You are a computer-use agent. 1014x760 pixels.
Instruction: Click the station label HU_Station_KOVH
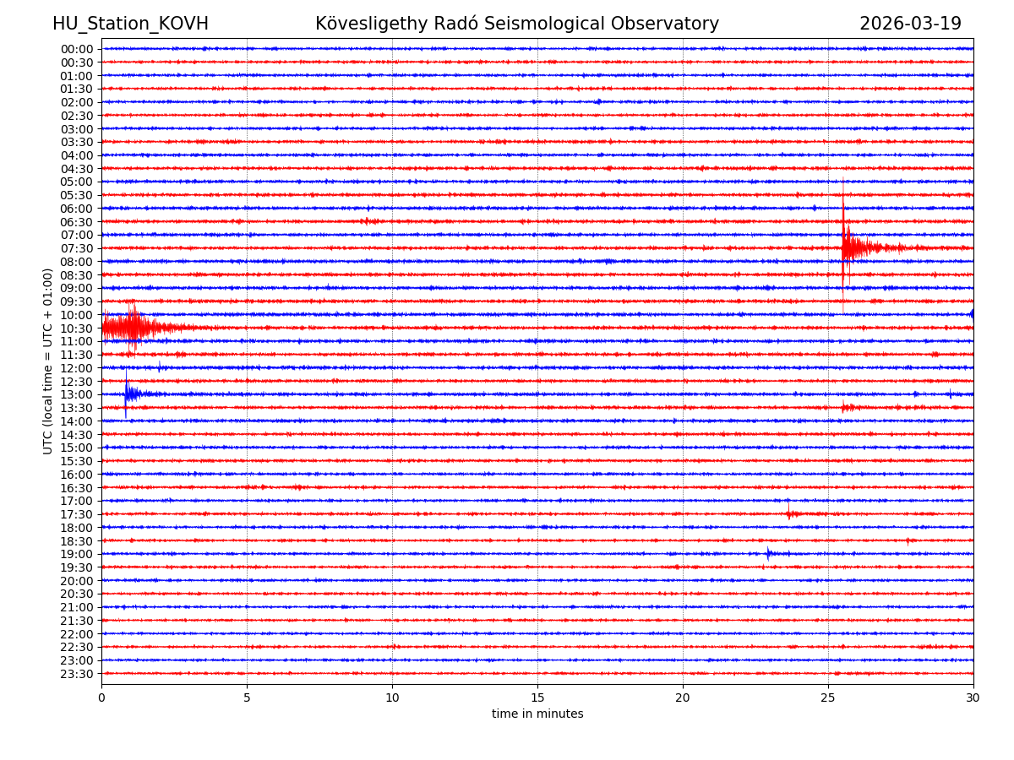pos(130,24)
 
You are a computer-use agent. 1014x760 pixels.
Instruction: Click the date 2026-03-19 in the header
pos(910,24)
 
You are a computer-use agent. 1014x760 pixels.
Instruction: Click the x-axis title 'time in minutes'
pos(537,714)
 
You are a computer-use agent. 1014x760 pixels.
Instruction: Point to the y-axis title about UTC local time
pos(48,361)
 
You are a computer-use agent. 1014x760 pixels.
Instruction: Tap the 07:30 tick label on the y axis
pos(76,248)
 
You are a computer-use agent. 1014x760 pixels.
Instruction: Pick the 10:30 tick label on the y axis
pos(76,328)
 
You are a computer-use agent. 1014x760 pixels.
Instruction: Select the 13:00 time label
pos(76,394)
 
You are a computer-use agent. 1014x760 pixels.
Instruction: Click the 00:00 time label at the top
pos(76,49)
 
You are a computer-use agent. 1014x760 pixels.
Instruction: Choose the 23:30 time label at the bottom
pos(76,674)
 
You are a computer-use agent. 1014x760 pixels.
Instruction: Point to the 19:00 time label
pos(76,554)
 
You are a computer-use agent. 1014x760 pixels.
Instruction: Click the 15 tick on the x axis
pos(537,698)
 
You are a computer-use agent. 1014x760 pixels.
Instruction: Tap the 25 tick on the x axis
pos(828,698)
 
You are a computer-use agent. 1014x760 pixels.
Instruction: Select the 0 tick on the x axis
pos(101,698)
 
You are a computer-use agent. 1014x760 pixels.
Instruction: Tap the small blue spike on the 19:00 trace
pos(768,554)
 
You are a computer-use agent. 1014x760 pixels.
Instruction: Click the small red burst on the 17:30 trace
pos(790,513)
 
